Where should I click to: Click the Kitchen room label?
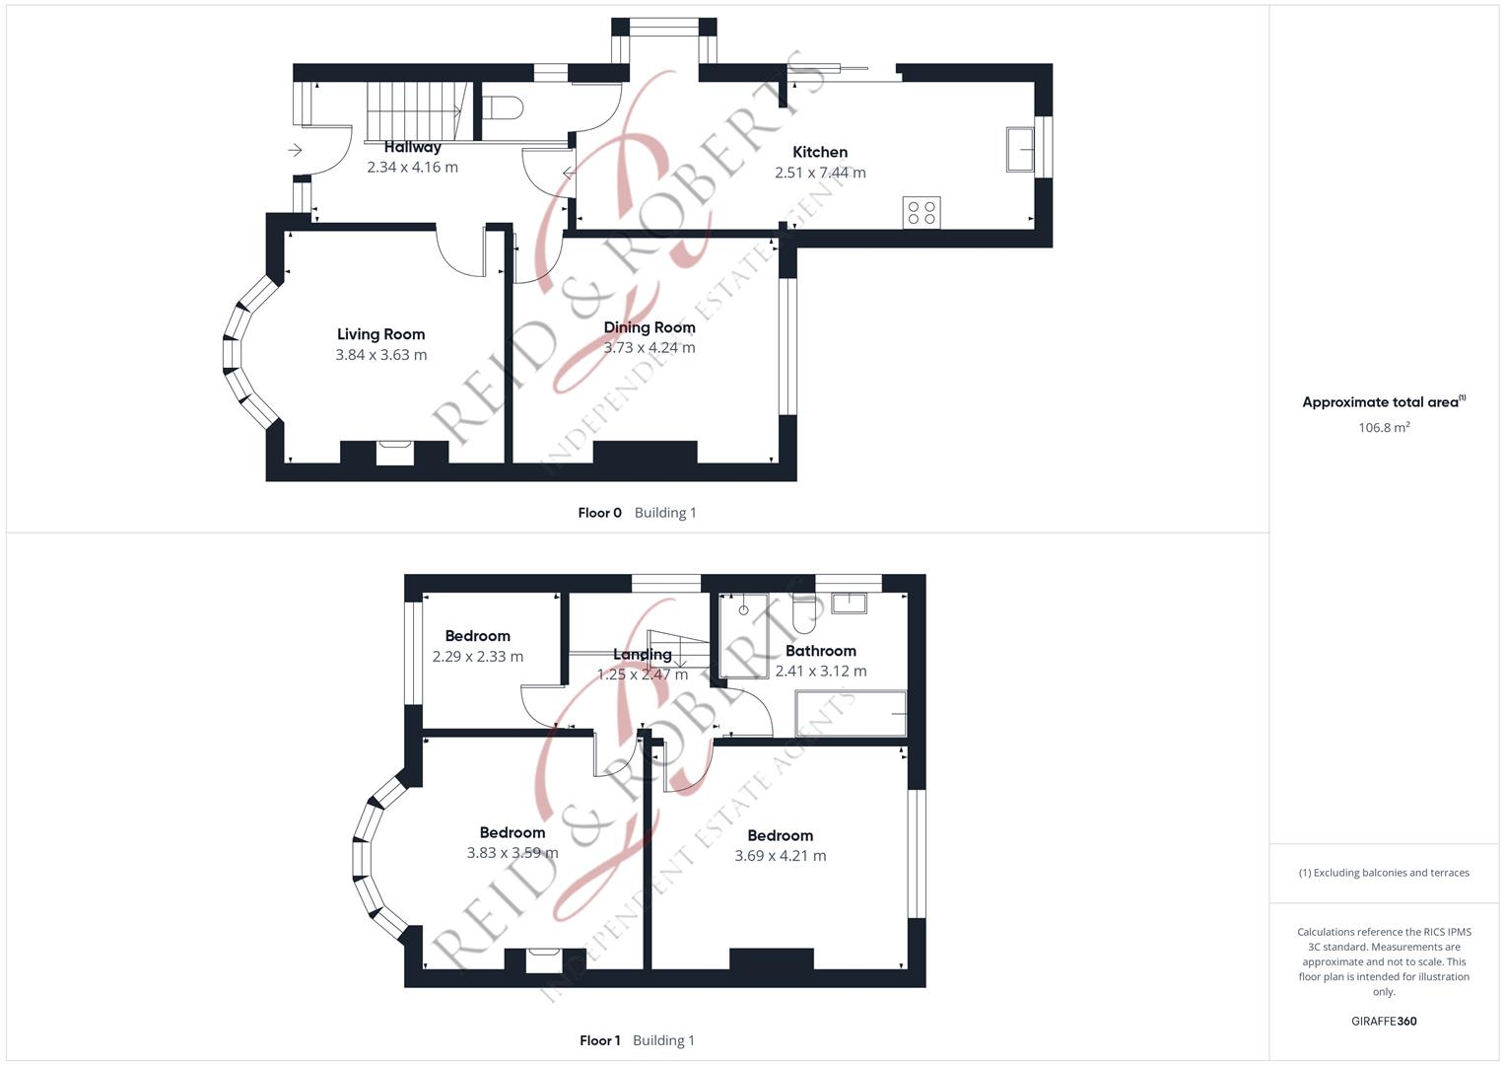tap(820, 152)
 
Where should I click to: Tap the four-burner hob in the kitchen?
tap(922, 213)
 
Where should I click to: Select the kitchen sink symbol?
tap(1020, 150)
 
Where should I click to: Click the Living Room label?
tap(380, 334)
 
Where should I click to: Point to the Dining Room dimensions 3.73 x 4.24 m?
tap(650, 347)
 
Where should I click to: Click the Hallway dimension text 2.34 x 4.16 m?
tap(412, 168)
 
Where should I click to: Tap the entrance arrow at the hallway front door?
tap(295, 150)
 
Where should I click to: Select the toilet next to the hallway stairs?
tap(503, 106)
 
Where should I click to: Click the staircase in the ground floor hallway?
tap(415, 110)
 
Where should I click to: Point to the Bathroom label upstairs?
tap(820, 651)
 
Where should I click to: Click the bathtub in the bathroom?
tap(851, 713)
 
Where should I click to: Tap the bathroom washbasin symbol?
tap(849, 603)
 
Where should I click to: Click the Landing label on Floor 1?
tap(643, 654)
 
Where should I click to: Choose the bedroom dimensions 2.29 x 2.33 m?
tap(478, 657)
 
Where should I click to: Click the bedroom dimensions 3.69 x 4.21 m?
tap(781, 856)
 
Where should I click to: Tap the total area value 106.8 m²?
tap(1384, 428)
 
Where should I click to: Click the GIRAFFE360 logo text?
tap(1384, 1022)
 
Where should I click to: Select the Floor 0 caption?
tap(599, 513)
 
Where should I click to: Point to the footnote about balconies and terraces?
tap(1384, 873)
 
